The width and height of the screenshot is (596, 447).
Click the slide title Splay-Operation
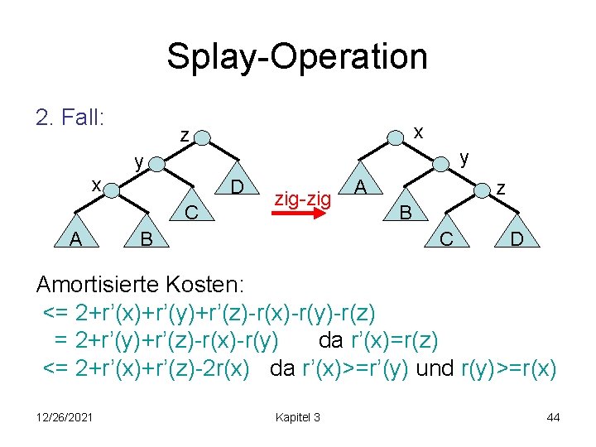pos(297,57)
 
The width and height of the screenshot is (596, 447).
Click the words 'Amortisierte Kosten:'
pos(140,285)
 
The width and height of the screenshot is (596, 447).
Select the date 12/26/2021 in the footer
pos(64,417)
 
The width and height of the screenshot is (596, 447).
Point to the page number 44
pos(553,417)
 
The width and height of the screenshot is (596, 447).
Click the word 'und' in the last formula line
pos(435,368)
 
